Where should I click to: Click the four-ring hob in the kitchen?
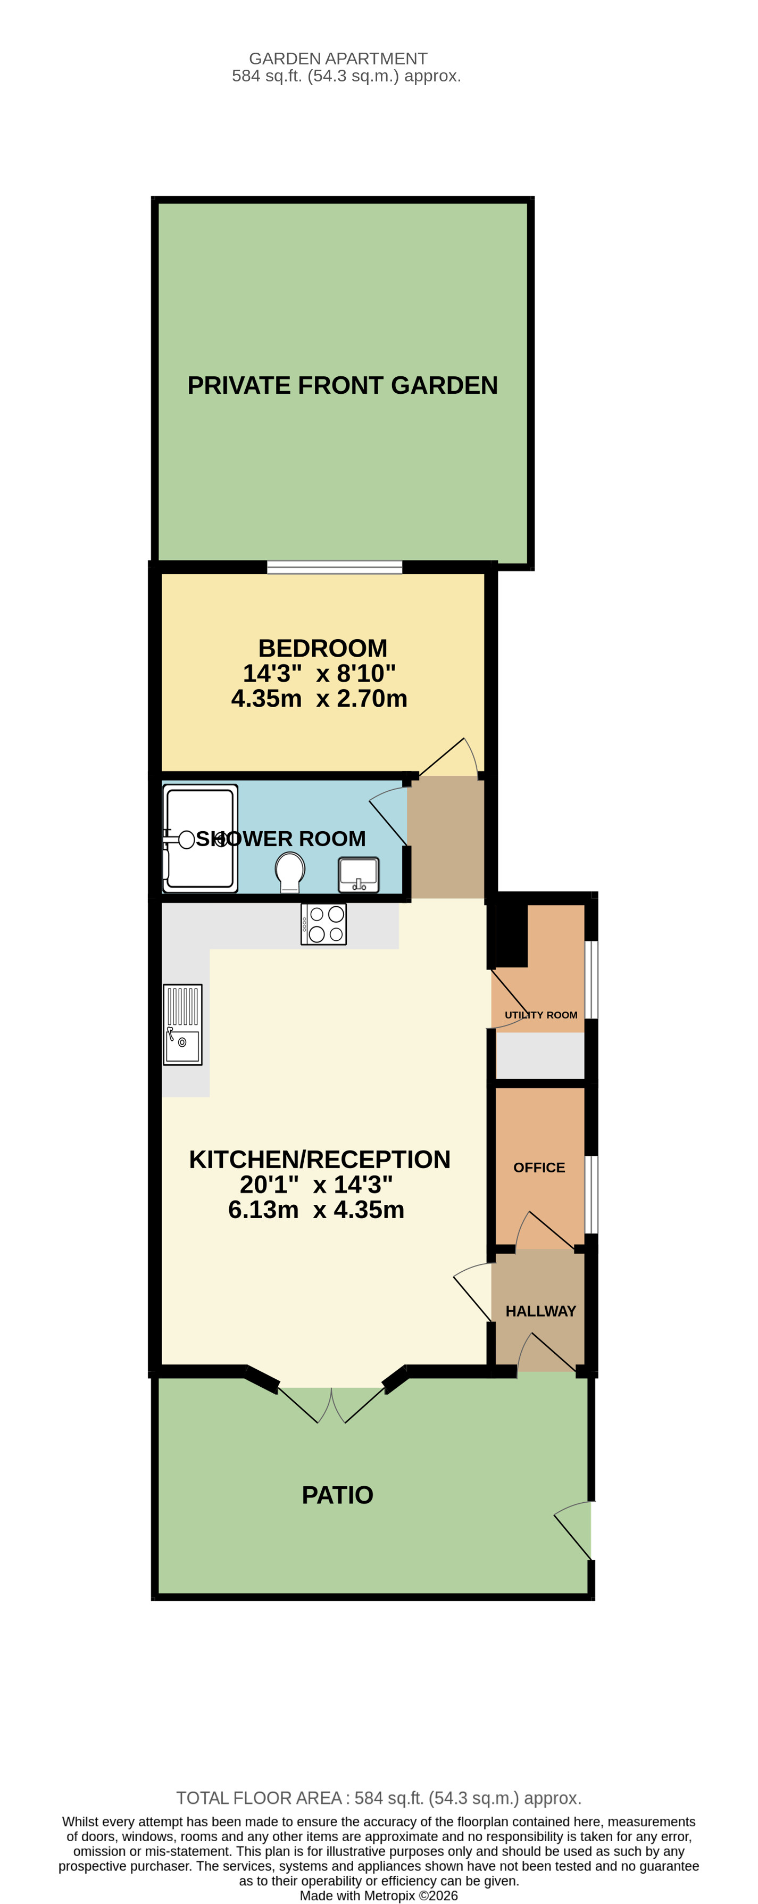pyautogui.click(x=323, y=924)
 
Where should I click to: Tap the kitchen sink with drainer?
pyautogui.click(x=182, y=1024)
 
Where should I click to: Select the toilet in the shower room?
pyautogui.click(x=289, y=871)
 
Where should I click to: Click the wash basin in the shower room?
pyautogui.click(x=359, y=874)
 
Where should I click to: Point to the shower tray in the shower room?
pyautogui.click(x=200, y=838)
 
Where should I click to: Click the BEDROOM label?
pyautogui.click(x=322, y=648)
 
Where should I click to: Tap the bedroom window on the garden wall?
pyautogui.click(x=334, y=567)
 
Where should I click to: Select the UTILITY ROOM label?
pyautogui.click(x=541, y=1015)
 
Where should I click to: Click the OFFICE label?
pyautogui.click(x=538, y=1167)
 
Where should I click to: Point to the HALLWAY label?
pyautogui.click(x=540, y=1311)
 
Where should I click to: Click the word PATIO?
pyautogui.click(x=338, y=1495)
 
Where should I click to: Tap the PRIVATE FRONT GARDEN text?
pyautogui.click(x=342, y=385)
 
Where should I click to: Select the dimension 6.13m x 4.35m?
pyautogui.click(x=316, y=1209)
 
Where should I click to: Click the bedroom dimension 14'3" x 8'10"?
pyautogui.click(x=319, y=673)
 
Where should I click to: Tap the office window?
pyautogui.click(x=591, y=1194)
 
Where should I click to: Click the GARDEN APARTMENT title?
pyautogui.click(x=338, y=59)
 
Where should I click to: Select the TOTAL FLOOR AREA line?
pyautogui.click(x=378, y=1798)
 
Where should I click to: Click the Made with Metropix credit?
pyautogui.click(x=378, y=1895)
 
